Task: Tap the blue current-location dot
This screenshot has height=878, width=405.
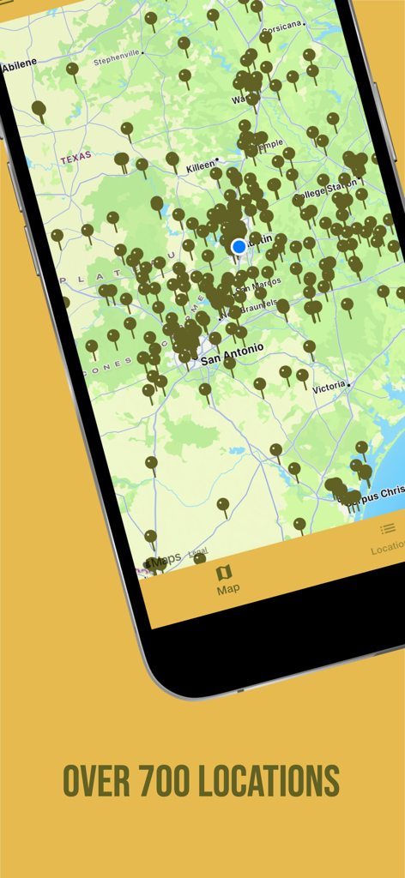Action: pos(239,247)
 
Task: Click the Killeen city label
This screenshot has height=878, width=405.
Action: pos(201,168)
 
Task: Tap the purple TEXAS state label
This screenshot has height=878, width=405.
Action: pos(76,158)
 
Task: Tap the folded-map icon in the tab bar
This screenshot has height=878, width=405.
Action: pos(224,572)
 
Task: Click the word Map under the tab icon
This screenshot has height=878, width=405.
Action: pos(228,589)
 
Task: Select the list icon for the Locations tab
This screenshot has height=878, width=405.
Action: pos(388,529)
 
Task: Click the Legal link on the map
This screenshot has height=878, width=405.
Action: pos(197,551)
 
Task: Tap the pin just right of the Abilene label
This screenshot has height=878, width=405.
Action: pos(72,69)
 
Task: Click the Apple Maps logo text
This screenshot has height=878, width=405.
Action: pos(164,559)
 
